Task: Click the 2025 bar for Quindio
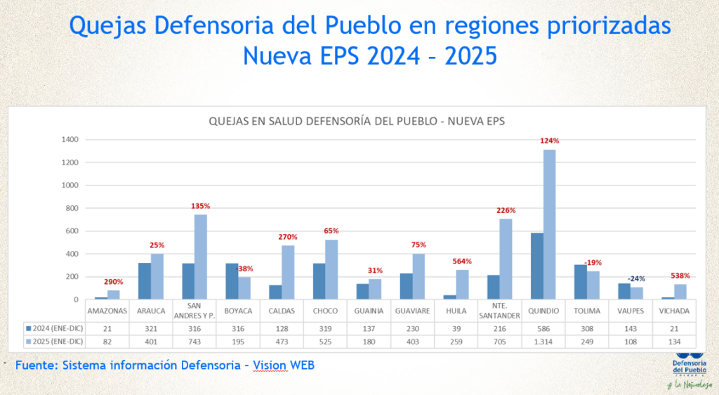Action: click(x=548, y=225)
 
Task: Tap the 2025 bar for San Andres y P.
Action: click(x=200, y=257)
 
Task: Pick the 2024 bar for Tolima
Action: click(x=580, y=282)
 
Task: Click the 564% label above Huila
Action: click(x=461, y=261)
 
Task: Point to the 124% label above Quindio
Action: click(x=549, y=141)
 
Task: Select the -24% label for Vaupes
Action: click(x=636, y=278)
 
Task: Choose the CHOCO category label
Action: click(x=325, y=311)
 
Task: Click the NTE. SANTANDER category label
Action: click(x=500, y=311)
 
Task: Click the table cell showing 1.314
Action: click(x=543, y=342)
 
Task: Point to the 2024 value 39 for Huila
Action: click(x=456, y=328)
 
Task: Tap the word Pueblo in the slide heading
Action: click(x=362, y=26)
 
